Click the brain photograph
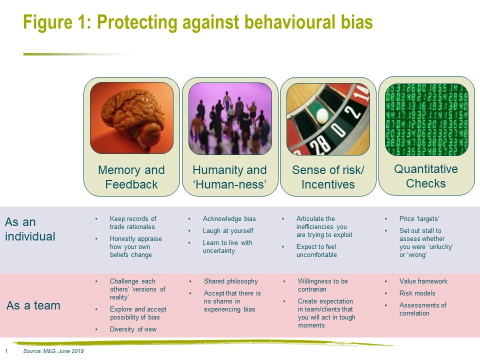pos(131,118)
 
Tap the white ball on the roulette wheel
pos(322,116)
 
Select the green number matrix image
pos(426,119)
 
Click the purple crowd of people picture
pos(230,118)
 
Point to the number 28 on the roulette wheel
pos(319,144)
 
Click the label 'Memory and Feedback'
pos(131,177)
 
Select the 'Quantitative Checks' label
pos(426,176)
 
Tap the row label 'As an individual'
pos(30,229)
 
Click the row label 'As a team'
pos(33,305)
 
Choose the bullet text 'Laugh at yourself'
pos(228,231)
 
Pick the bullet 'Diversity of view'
pos(133,329)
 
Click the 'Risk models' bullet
pos(417,293)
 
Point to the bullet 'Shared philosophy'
pos(231,281)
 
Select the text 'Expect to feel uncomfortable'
pos(316,250)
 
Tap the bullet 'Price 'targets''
pos(419,218)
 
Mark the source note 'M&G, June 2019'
pos(63,351)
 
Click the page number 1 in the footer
pos(6,351)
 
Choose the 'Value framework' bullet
pos(423,281)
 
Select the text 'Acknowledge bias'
pos(229,219)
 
